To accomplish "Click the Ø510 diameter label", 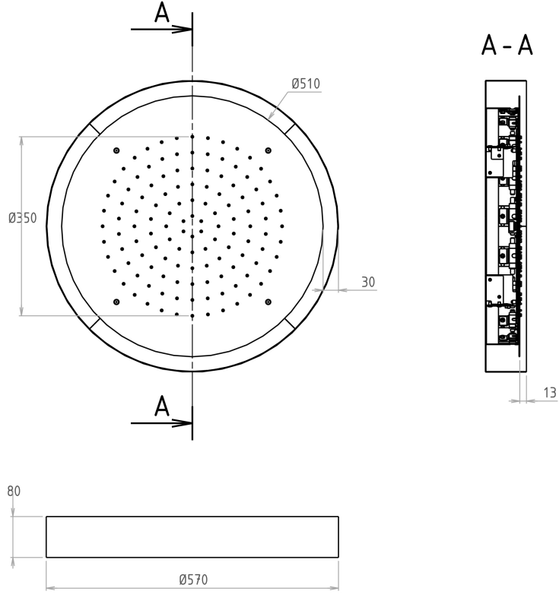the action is (306, 84).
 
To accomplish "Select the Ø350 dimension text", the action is (22, 218).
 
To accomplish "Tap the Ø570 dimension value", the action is (193, 580).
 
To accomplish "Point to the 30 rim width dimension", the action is (368, 282).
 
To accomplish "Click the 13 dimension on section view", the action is (550, 393).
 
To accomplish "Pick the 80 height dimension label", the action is (14, 491).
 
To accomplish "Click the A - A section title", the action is (507, 46).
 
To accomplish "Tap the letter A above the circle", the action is (162, 13).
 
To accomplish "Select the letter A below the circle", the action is (162, 406).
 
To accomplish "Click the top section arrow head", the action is (182, 29).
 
